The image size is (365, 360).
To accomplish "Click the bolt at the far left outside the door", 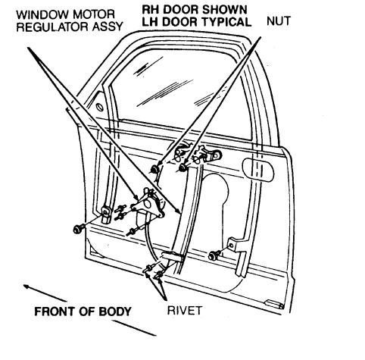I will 78,227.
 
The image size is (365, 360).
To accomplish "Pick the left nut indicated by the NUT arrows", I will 155,167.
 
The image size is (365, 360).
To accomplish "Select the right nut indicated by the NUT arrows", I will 182,167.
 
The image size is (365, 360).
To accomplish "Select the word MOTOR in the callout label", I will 92,14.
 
